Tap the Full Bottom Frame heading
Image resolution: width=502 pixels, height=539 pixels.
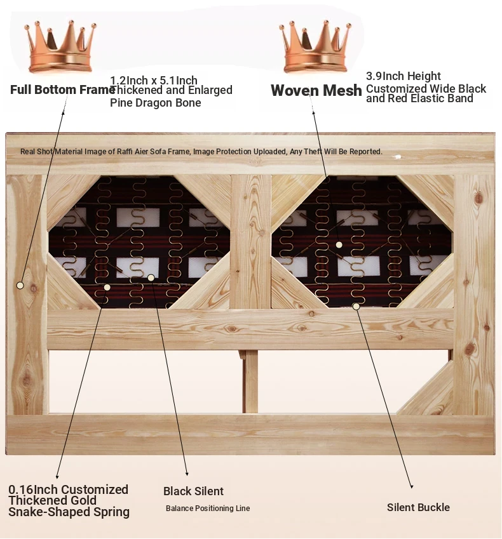pos(62,90)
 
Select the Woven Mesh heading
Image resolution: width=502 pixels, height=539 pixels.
pos(316,91)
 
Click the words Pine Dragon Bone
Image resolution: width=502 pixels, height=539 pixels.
pos(155,103)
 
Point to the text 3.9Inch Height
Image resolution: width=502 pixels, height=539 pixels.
pos(404,76)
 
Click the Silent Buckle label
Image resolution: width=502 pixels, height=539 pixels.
pos(418,507)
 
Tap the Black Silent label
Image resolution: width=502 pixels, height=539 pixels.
pos(193,491)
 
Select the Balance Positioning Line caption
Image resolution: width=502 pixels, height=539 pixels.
pos(208,509)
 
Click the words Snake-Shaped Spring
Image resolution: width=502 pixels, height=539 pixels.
pos(69,512)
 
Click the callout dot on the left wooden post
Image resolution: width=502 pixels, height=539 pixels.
pos(20,286)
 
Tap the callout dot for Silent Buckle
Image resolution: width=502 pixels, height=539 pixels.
pos(356,307)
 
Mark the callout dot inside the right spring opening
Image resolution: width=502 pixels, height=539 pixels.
pos(339,244)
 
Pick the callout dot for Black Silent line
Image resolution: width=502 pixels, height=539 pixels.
pos(151,277)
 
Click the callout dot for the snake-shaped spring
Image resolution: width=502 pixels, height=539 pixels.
pos(107,287)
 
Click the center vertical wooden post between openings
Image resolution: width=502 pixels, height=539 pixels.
pos(250,241)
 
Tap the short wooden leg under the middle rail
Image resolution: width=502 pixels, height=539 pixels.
pos(251,381)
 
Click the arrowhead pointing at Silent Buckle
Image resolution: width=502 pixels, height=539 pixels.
pos(412,487)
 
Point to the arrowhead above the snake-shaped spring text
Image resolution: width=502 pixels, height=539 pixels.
pos(57,477)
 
